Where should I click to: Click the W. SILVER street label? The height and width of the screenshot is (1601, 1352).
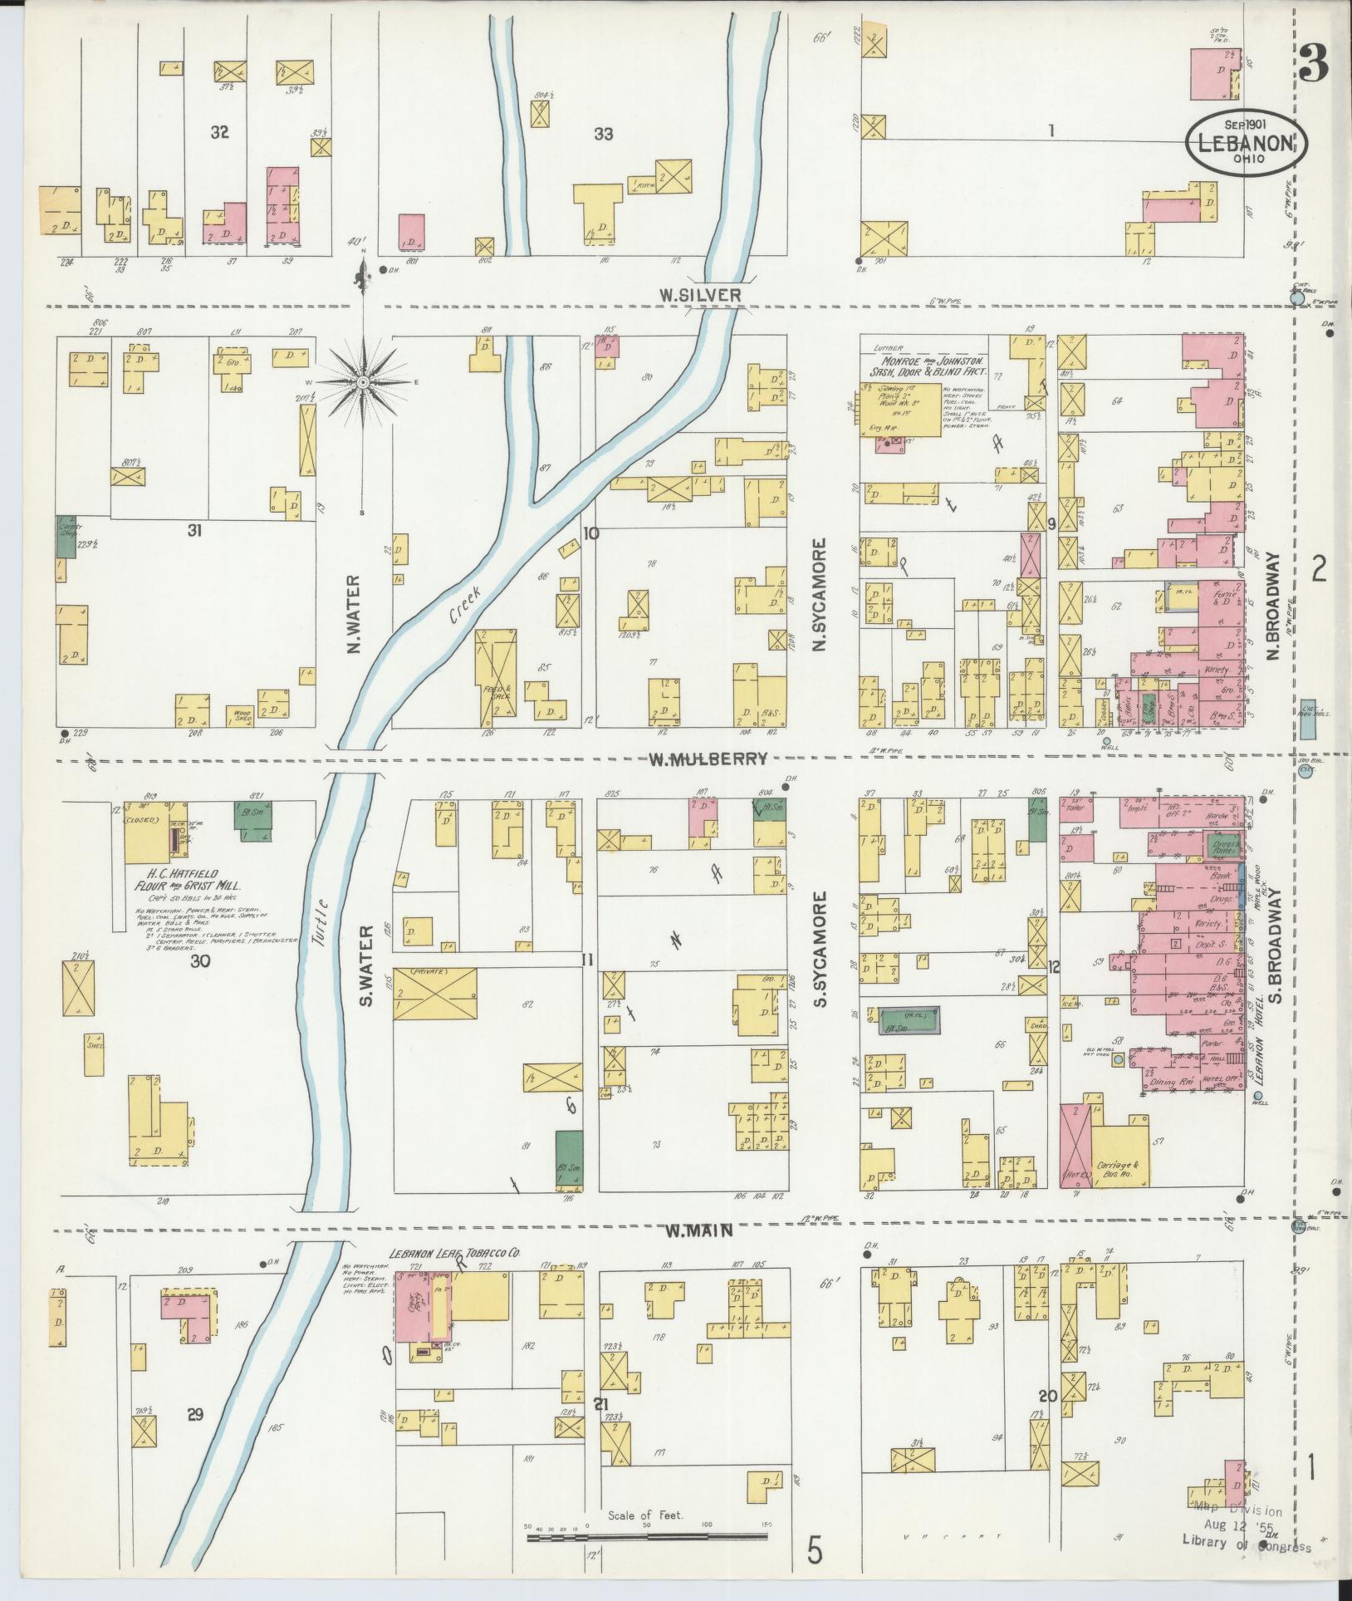[x=700, y=294]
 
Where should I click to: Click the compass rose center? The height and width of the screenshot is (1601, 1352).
[x=363, y=382]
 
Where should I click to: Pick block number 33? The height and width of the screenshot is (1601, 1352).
[x=604, y=133]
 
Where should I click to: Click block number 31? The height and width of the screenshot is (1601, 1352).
[x=195, y=529]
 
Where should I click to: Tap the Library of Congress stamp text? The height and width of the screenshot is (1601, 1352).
[x=1247, y=1546]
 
